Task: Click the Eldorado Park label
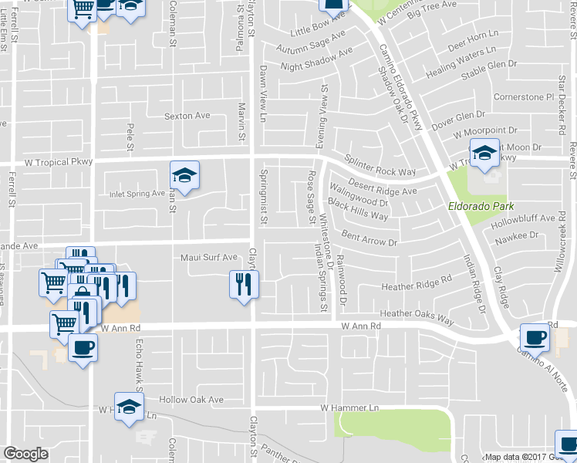coord(481,207)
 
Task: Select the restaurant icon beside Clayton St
coord(242,286)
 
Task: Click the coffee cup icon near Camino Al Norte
coord(535,337)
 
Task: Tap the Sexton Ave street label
coord(187,116)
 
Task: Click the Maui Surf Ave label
coord(208,257)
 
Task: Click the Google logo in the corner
coord(25,453)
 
